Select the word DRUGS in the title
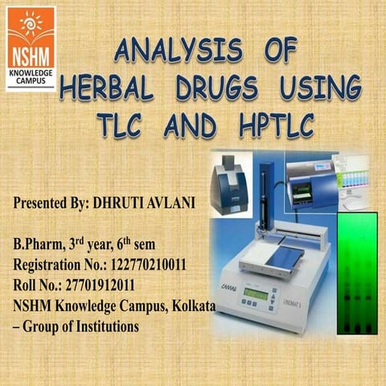click(x=221, y=88)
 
